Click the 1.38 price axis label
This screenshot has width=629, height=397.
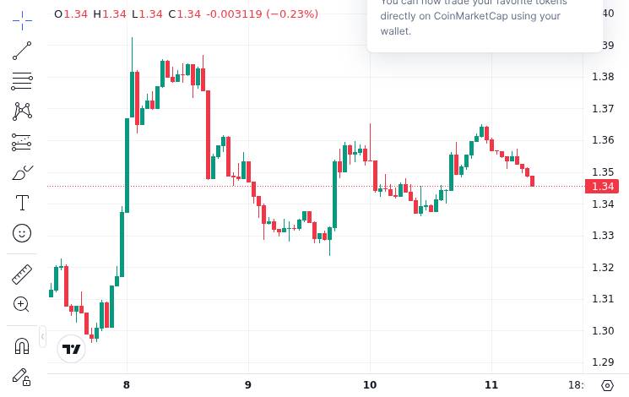pyautogui.click(x=603, y=77)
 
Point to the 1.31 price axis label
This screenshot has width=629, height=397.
pyautogui.click(x=603, y=299)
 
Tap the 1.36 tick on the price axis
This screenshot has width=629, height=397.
pyautogui.click(x=603, y=140)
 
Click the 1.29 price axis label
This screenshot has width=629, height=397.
pyautogui.click(x=603, y=362)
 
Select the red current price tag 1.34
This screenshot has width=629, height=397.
pyautogui.click(x=602, y=187)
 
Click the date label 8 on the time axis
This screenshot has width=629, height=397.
pyautogui.click(x=127, y=385)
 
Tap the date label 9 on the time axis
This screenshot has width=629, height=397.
pyautogui.click(x=248, y=385)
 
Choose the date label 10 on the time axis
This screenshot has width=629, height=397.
pyautogui.click(x=370, y=385)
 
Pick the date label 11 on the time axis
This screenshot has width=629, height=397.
pyautogui.click(x=491, y=385)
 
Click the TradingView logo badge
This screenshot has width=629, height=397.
pyautogui.click(x=72, y=349)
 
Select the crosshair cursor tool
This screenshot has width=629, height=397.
pyautogui.click(x=22, y=18)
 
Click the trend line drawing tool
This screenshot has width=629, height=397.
pyautogui.click(x=22, y=52)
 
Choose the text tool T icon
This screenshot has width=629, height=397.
pyautogui.click(x=22, y=203)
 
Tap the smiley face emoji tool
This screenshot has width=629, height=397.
pyautogui.click(x=22, y=232)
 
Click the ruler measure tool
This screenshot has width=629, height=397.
pyautogui.click(x=22, y=275)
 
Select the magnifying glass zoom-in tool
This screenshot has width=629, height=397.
pyautogui.click(x=22, y=304)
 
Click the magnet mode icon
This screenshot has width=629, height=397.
pyautogui.click(x=22, y=346)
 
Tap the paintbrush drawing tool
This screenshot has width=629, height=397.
pyautogui.click(x=22, y=173)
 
